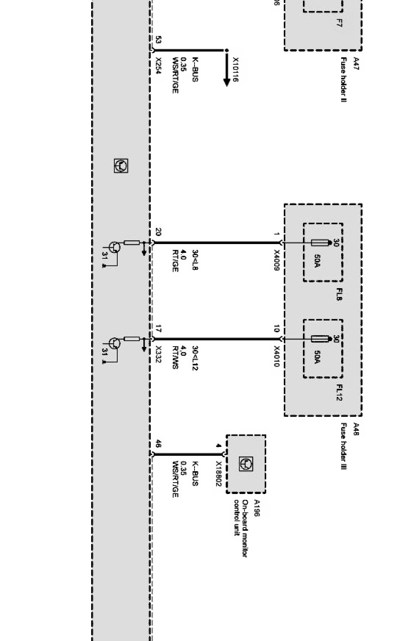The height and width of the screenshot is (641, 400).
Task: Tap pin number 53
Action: tap(158, 40)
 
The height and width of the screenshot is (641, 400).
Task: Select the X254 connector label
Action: tap(158, 66)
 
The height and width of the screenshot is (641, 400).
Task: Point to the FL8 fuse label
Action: tap(339, 294)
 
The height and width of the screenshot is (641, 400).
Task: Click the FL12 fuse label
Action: tap(339, 392)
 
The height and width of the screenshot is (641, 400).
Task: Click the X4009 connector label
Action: tap(276, 260)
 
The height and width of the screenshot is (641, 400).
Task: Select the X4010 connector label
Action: tap(276, 356)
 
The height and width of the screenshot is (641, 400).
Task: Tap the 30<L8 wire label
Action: tap(195, 260)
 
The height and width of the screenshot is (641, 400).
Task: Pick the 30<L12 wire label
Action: tap(195, 358)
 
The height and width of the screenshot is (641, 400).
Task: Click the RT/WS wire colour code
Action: tap(175, 357)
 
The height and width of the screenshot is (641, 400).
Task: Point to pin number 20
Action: tap(158, 232)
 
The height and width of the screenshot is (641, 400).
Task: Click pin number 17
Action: tap(158, 329)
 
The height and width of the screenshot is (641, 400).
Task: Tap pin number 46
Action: tap(158, 444)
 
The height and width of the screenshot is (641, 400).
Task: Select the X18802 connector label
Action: tap(218, 474)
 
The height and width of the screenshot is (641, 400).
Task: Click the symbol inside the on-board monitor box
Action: tap(246, 464)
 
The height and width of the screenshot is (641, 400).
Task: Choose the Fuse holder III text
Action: tap(343, 446)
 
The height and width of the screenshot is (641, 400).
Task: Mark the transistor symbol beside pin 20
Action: tap(114, 247)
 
